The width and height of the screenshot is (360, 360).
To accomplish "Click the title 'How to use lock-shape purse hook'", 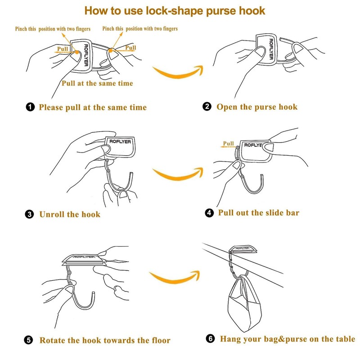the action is point(175,11).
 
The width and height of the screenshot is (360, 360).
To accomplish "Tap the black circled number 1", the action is point(30,107).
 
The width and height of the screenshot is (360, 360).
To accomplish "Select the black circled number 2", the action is point(207,107).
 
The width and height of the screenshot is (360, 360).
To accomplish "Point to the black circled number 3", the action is point(29,214).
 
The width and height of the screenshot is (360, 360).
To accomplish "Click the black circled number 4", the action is point(209,212).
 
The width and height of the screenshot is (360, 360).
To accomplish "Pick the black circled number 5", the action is point(28,340).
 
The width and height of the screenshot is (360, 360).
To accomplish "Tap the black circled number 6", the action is point(210,338).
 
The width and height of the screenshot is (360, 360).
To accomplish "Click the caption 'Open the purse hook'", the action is point(257,107).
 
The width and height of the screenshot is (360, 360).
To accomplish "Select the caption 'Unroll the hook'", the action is point(70,214).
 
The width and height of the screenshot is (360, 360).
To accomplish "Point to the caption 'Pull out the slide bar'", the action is point(258,212).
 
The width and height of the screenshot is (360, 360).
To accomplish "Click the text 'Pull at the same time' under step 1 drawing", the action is point(97,83).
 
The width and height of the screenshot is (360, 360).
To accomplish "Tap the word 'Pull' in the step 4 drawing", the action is point(229,144).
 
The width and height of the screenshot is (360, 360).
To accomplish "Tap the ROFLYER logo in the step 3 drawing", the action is point(120,141).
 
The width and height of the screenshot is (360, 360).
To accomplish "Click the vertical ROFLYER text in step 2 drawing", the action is point(271,49).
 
